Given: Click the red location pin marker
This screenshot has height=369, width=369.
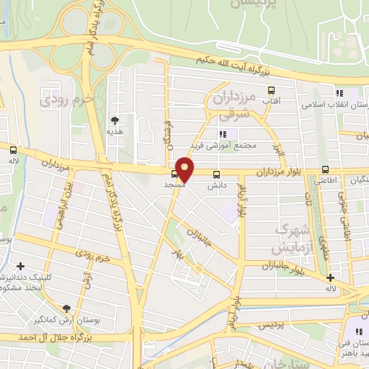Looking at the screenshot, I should point(184,169).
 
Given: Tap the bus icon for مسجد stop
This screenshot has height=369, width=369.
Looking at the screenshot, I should point(175,174).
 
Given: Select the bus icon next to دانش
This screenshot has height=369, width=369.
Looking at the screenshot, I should point(217,174).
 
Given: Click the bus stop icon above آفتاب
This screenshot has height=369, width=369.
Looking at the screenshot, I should point(271,91).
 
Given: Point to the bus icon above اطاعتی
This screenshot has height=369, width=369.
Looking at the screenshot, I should point(325,170).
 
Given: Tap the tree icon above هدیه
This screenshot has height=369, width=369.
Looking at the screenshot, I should point(115,120).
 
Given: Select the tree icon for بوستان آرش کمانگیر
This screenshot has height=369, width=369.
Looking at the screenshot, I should point(67,308).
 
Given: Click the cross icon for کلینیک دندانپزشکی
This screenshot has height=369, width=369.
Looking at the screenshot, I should point(21,267).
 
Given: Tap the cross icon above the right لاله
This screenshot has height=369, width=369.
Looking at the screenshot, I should point(331,278).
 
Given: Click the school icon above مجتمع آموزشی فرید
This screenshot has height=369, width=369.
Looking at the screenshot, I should point(223,134).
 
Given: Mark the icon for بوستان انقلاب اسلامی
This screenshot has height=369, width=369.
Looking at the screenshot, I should point(337,93).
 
